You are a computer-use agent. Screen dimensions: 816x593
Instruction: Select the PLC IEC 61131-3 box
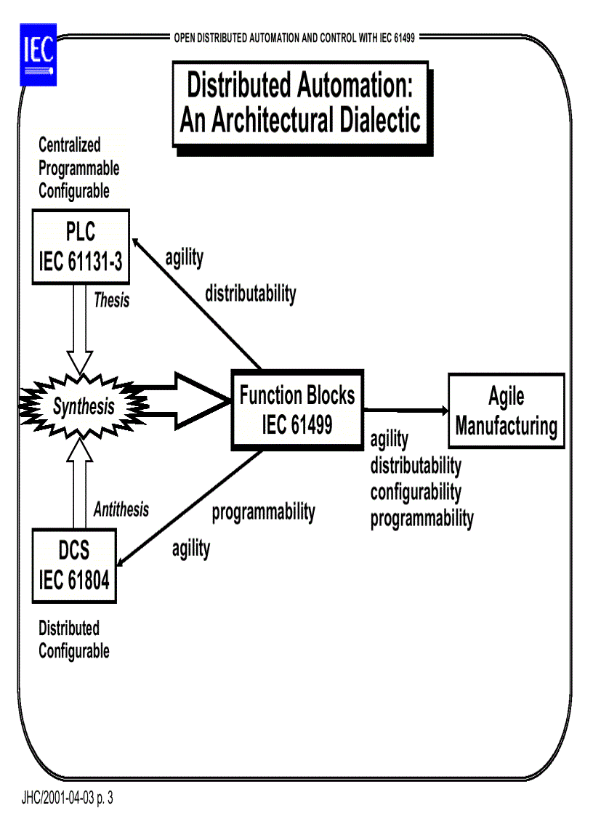pyautogui.click(x=81, y=247)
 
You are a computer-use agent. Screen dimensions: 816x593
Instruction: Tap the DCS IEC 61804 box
pyautogui.click(x=75, y=565)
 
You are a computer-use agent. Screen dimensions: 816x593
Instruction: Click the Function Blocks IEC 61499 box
pyautogui.click(x=297, y=410)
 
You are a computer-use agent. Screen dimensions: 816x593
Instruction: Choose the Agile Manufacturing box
pyautogui.click(x=506, y=411)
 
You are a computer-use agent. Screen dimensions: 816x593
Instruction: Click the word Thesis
pyautogui.click(x=111, y=300)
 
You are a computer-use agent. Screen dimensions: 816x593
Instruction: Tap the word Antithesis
pyautogui.click(x=121, y=509)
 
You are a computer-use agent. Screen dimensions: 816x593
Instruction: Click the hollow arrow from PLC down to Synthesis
pyautogui.click(x=79, y=327)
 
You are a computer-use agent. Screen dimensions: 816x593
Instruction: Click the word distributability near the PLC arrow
pyautogui.click(x=250, y=294)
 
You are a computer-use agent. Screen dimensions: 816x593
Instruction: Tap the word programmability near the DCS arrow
pyautogui.click(x=263, y=512)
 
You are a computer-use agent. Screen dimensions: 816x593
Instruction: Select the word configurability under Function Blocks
pyautogui.click(x=416, y=492)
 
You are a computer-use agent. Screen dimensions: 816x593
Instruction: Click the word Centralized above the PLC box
pyautogui.click(x=70, y=145)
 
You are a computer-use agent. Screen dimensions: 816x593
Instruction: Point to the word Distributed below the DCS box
pyautogui.click(x=69, y=628)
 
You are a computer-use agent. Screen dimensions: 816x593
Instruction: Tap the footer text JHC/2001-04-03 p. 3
pyautogui.click(x=68, y=799)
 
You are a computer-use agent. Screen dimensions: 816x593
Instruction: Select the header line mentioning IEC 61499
pyautogui.click(x=294, y=38)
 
